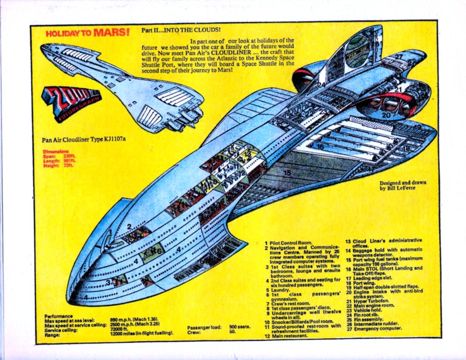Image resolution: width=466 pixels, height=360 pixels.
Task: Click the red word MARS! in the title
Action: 112,32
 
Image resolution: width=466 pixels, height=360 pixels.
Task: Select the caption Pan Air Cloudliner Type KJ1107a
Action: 84,139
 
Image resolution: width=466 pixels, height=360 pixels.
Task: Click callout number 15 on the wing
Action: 287,173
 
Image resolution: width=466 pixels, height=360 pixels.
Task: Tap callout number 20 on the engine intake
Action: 386,115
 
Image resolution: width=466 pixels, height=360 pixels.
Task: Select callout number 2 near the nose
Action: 130,227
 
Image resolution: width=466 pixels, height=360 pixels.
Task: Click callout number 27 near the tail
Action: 399,56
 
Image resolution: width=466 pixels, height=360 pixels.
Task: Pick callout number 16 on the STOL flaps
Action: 320,146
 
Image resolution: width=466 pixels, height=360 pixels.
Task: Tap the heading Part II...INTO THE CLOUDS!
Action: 181,30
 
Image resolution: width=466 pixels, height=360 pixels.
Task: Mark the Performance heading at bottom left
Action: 59,316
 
